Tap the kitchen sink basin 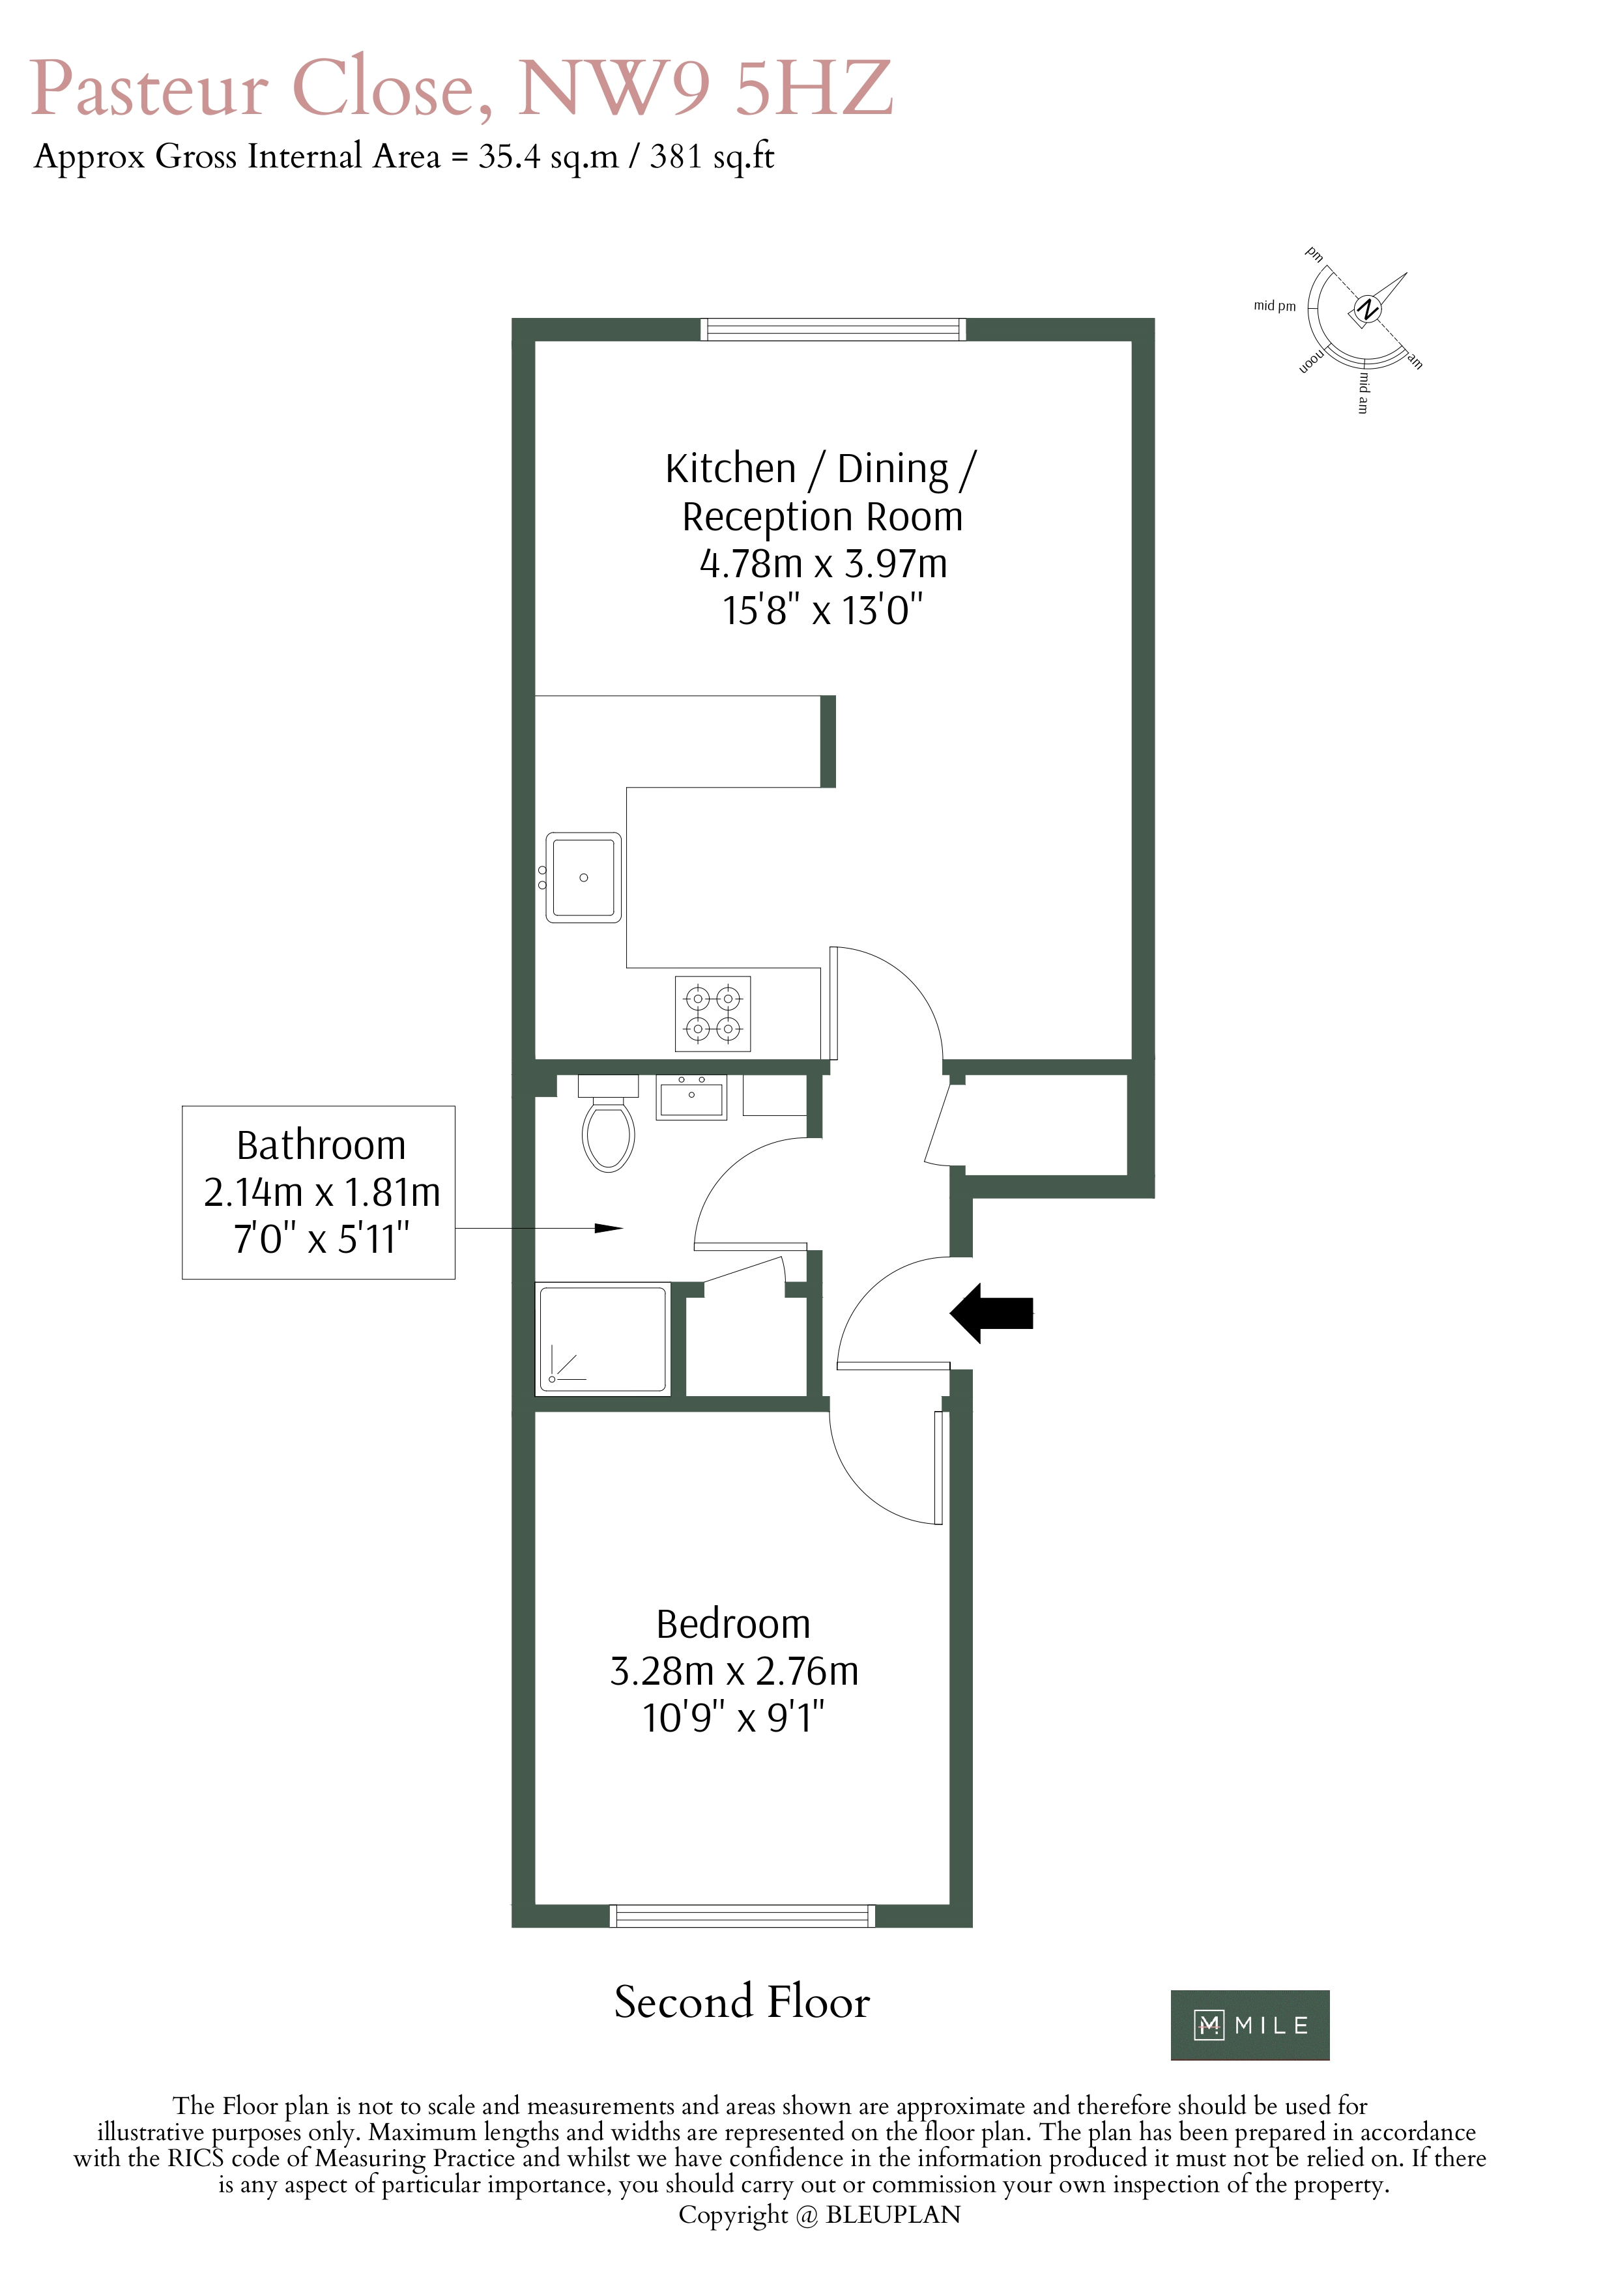pos(583,877)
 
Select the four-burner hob pos(713,1014)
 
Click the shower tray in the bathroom pos(602,1338)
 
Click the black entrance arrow pos(992,1313)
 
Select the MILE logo pos(1250,2025)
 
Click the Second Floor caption pos(742,2002)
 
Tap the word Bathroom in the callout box pos(321,1145)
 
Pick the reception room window pos(833,330)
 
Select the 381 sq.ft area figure pos(712,157)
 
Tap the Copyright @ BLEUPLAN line pos(820,2214)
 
